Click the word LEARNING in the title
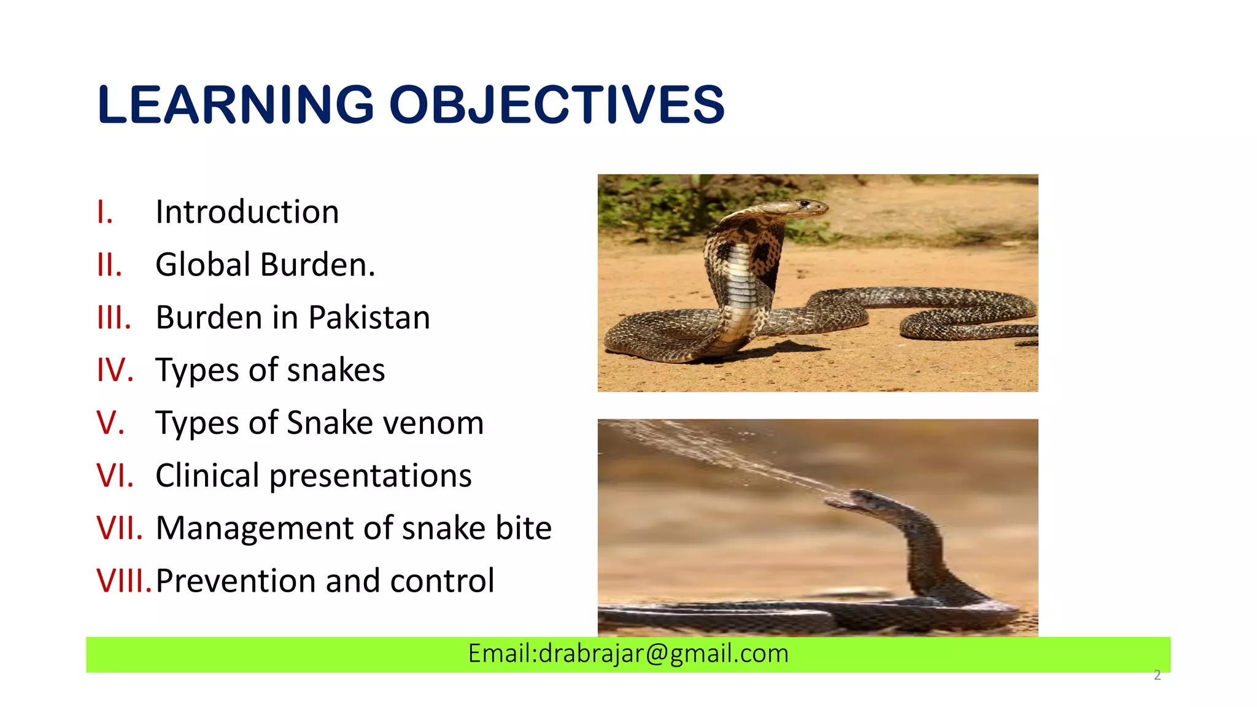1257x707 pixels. click(x=236, y=104)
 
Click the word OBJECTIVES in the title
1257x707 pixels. click(x=557, y=104)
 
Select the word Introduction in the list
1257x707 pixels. click(x=247, y=212)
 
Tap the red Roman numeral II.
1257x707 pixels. click(x=110, y=265)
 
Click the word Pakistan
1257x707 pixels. click(x=369, y=318)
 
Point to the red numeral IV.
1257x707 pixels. click(x=115, y=371)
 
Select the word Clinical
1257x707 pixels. click(x=207, y=476)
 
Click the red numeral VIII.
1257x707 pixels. click(x=123, y=581)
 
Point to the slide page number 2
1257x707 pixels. click(x=1158, y=676)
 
